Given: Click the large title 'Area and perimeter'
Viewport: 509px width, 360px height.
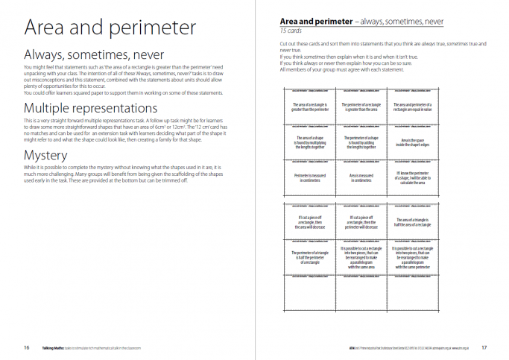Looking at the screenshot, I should [x=110, y=28].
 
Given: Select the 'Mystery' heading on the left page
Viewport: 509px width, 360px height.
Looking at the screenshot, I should [x=47, y=156].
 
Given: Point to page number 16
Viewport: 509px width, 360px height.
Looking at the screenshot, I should [x=26, y=347].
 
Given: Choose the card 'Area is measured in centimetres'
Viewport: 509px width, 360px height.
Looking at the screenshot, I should [x=361, y=178].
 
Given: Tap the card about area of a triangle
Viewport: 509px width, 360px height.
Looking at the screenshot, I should [x=413, y=223].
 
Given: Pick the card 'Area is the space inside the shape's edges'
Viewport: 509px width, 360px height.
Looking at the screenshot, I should [x=413, y=142].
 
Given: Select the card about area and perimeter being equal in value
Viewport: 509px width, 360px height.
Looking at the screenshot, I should [x=413, y=107].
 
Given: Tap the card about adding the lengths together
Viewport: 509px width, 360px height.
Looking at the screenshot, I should [x=361, y=142].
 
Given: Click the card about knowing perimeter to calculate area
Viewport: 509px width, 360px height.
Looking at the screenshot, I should [x=413, y=178].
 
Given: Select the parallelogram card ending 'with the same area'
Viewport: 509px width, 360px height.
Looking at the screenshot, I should [x=361, y=257].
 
